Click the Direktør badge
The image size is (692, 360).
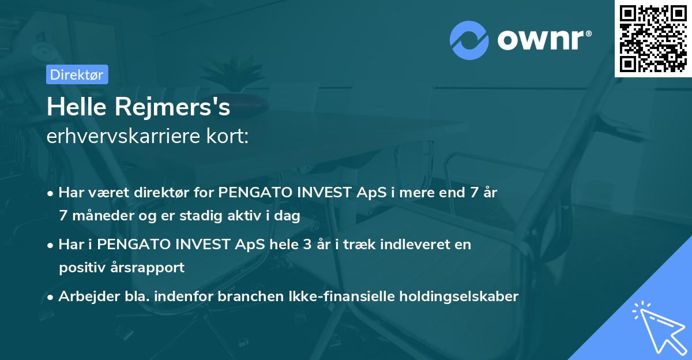(x=77, y=74)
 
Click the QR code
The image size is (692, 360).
(x=653, y=38)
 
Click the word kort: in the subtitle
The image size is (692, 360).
(x=230, y=137)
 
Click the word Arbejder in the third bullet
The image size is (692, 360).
(x=84, y=297)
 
